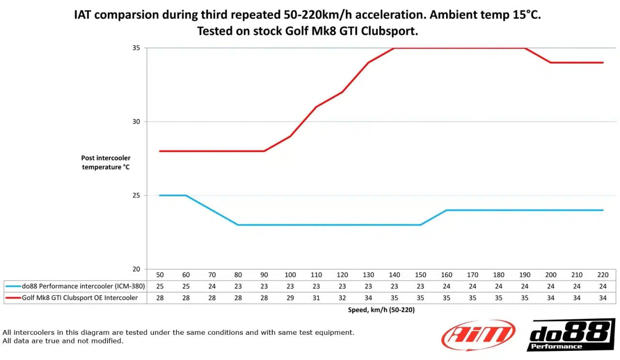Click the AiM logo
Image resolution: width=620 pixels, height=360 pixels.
click(478, 335)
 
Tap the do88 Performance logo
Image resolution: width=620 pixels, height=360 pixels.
click(571, 335)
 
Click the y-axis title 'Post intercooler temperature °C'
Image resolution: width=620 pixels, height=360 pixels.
click(106, 162)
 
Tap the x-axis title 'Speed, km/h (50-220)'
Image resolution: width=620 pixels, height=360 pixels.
click(381, 310)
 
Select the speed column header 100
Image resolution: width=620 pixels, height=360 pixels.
click(290, 275)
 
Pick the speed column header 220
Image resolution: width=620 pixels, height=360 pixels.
click(603, 275)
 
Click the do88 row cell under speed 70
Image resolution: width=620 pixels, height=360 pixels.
click(212, 286)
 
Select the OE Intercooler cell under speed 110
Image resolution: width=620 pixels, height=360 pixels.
click(316, 298)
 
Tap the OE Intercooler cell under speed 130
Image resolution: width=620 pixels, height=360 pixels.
click(369, 298)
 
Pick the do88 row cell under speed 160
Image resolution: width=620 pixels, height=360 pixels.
click(447, 286)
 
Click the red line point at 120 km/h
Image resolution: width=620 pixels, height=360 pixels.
click(342, 92)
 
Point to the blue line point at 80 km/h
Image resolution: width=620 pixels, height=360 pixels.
click(238, 225)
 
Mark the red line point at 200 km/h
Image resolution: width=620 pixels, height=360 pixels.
click(551, 63)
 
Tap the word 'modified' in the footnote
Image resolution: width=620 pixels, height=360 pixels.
click(108, 341)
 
